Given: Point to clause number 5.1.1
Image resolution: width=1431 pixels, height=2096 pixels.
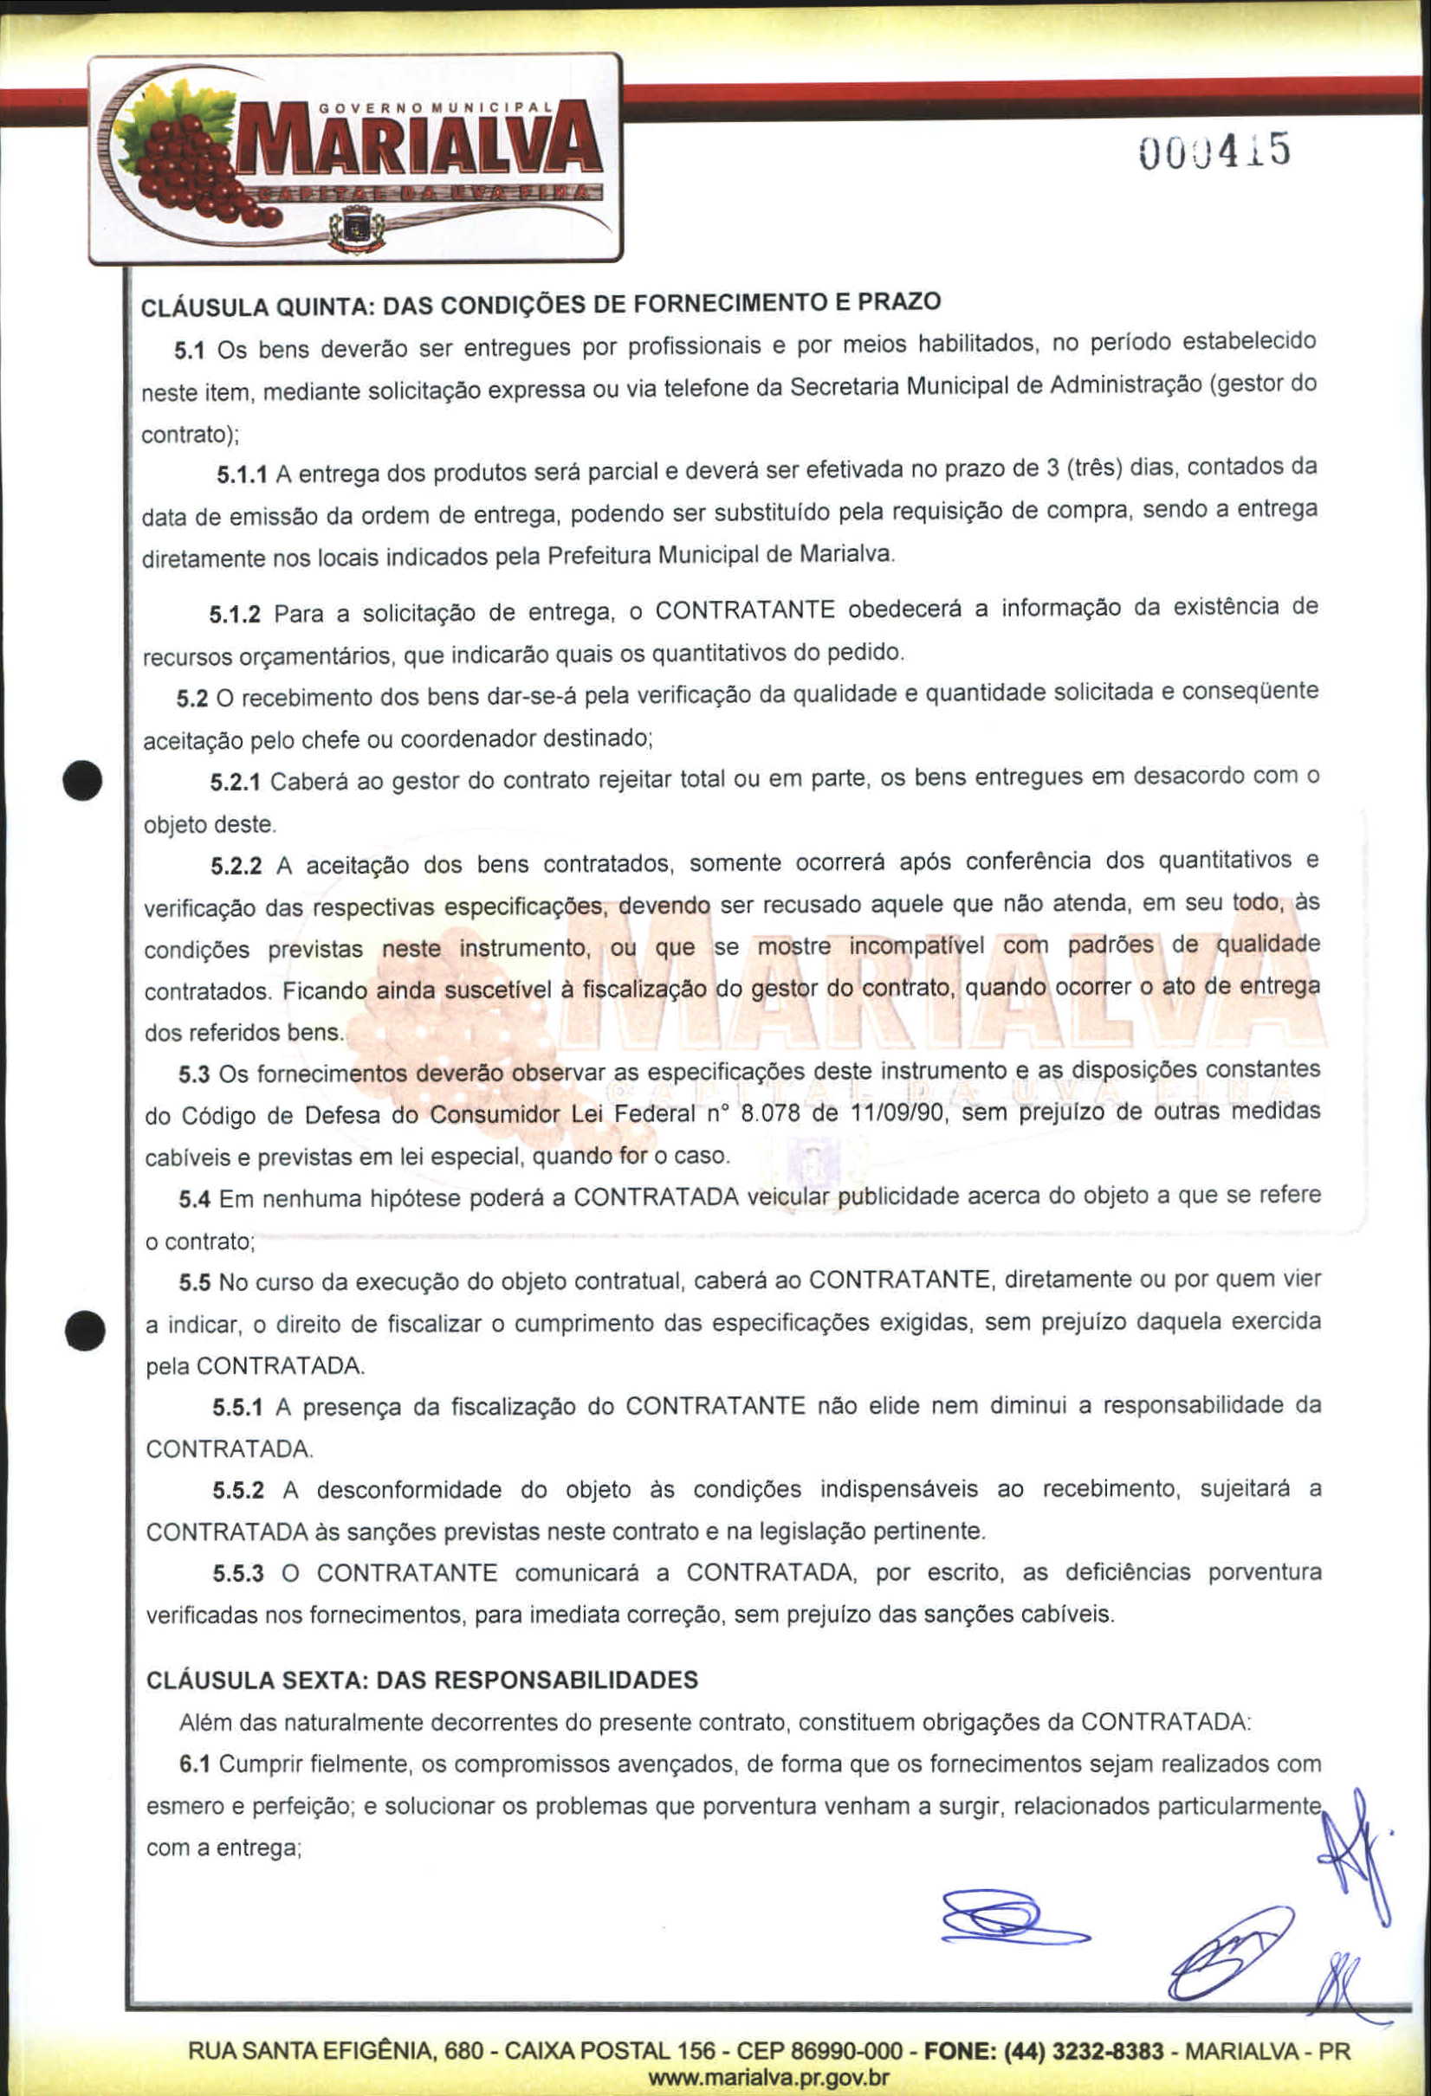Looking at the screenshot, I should coord(241,474).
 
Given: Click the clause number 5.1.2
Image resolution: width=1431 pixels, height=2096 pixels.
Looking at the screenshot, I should coord(235,615).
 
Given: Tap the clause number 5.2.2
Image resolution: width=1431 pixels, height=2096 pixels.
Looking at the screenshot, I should coord(236,867).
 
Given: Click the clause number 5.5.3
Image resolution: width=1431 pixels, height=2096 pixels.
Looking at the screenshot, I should coord(238,1574).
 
